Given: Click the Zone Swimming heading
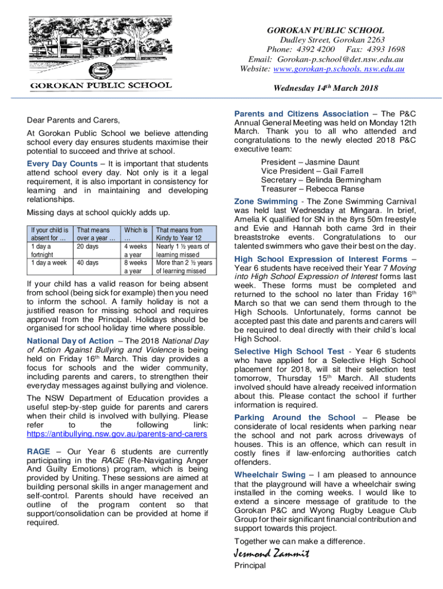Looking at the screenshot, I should click(266, 201).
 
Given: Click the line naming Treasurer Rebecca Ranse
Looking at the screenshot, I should click(303, 189).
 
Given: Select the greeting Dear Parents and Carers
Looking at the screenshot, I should click(74, 120).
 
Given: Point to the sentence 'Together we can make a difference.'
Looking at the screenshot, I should click(299, 541).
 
